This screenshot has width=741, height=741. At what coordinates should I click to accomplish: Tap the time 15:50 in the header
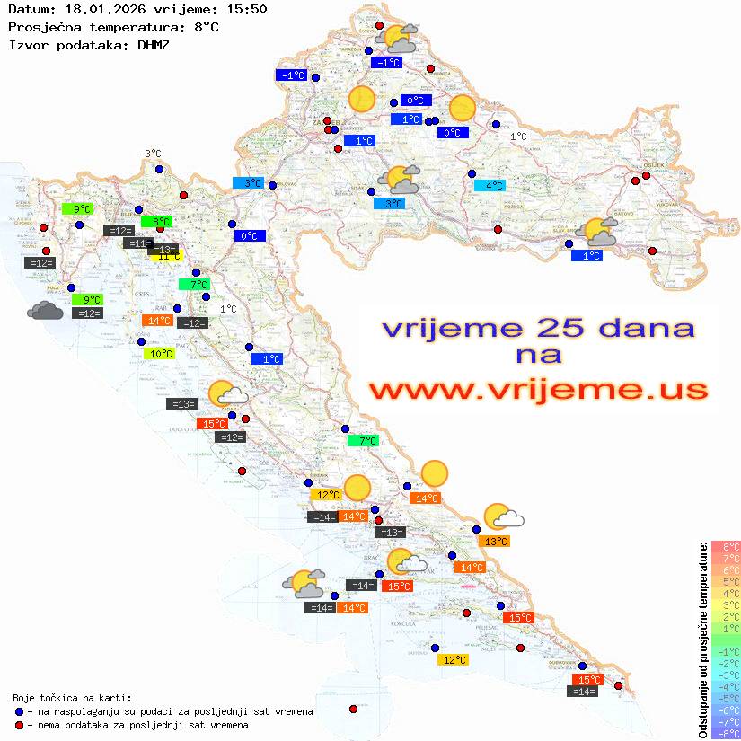tap(246, 10)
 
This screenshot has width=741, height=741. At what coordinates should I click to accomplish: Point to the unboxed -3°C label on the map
tap(149, 154)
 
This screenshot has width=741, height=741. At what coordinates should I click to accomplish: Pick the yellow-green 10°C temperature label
tap(159, 354)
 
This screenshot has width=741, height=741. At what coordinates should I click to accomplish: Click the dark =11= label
tap(137, 243)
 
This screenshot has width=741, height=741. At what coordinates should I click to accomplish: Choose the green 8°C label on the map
tap(158, 222)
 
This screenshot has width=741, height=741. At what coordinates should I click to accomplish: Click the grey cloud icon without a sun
tap(45, 311)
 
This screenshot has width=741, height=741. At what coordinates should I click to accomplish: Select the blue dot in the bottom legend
tap(19, 711)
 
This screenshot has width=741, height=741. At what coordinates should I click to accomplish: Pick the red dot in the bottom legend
tap(19, 725)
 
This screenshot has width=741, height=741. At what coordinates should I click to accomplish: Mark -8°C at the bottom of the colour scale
tap(726, 733)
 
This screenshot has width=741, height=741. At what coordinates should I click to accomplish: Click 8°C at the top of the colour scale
tap(726, 546)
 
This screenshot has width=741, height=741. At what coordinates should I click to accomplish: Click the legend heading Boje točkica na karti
tap(72, 698)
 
